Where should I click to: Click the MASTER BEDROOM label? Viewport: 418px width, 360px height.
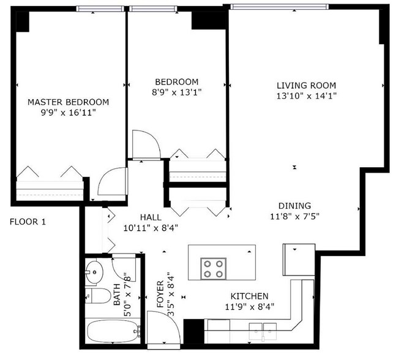pos(68,102)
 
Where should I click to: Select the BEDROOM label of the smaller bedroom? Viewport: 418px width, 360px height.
pos(176,82)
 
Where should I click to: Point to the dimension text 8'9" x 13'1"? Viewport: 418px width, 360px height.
pos(176,92)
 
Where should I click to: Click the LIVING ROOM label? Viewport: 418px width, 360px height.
pos(306,85)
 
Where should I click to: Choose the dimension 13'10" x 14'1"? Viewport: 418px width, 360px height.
pos(306,96)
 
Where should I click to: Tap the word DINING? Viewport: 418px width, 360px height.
pos(294,206)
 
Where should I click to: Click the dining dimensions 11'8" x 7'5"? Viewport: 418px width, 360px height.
pos(294,216)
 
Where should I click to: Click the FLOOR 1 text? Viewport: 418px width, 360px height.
pos(28,222)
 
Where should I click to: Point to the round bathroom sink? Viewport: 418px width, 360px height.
pos(95,270)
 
